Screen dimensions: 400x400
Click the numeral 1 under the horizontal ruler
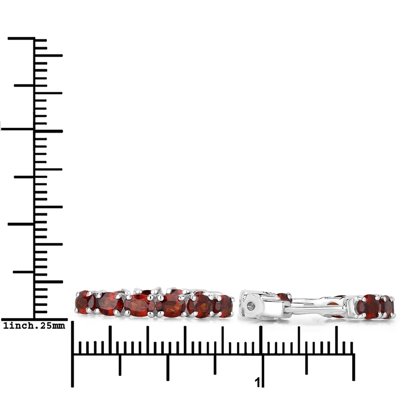point(258,382)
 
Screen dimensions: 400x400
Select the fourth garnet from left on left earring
point(170,306)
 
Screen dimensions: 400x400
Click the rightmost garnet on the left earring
point(224,306)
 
